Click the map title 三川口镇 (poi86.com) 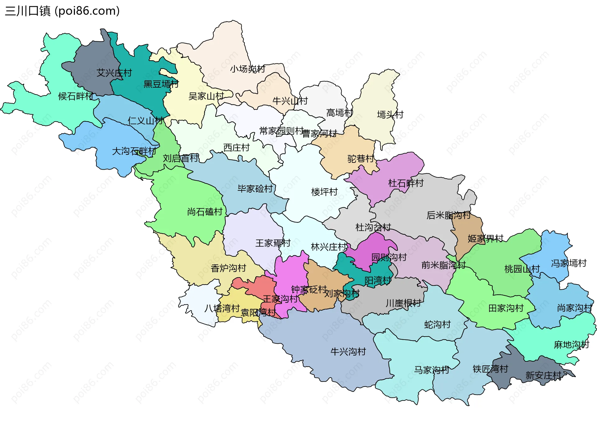[x=62, y=11]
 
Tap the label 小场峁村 [x=248, y=69]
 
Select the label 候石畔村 [x=76, y=96]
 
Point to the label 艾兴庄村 [x=114, y=73]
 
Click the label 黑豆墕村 [x=161, y=84]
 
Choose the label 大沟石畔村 [x=134, y=151]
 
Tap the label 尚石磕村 [x=205, y=212]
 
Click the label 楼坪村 [x=324, y=192]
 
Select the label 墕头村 [x=390, y=115]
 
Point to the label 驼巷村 [x=361, y=159]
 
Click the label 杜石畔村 [x=406, y=183]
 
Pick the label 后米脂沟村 [x=448, y=215]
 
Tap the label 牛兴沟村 [x=348, y=352]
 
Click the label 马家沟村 [x=432, y=370]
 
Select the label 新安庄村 [x=543, y=375]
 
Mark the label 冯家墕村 [x=569, y=263]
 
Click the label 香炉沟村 [x=229, y=268]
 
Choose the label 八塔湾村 [x=222, y=308]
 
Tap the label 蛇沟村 [x=437, y=325]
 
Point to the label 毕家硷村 [x=255, y=189]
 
